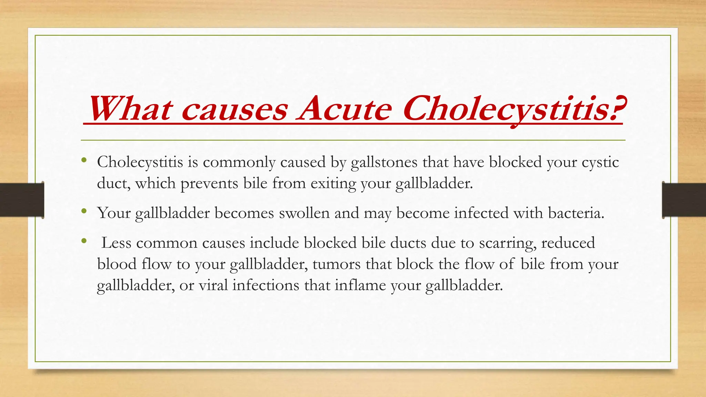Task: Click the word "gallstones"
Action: tap(384, 162)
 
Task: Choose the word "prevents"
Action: tap(209, 183)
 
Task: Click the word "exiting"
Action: tap(333, 183)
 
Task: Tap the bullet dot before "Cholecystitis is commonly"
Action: tap(84, 160)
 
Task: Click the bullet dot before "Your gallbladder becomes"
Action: tap(84, 211)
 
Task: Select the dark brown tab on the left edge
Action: tap(22, 200)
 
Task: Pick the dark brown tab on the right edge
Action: tap(684, 200)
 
